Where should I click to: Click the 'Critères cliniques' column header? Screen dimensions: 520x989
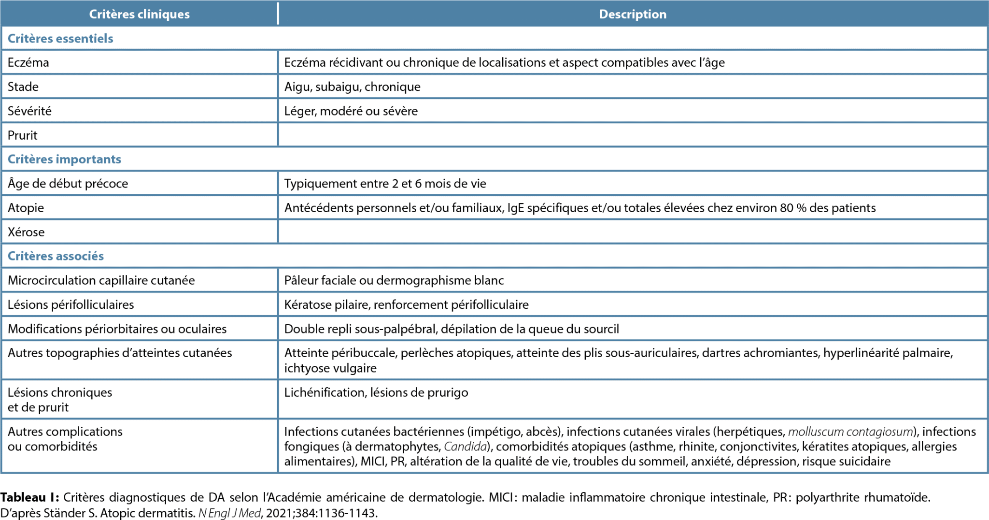(x=139, y=14)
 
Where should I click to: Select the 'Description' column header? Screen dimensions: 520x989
(x=633, y=14)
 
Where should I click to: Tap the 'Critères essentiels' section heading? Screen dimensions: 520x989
(x=60, y=39)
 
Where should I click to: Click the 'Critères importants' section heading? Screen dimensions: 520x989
(x=64, y=159)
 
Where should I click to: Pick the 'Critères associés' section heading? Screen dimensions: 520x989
(x=56, y=256)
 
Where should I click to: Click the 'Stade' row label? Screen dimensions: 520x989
(x=23, y=87)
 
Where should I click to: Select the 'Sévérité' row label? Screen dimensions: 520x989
(x=29, y=111)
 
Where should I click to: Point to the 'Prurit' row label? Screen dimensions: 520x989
(x=22, y=135)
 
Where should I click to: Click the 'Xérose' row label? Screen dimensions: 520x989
(x=26, y=232)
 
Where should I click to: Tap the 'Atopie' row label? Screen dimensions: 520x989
(x=26, y=208)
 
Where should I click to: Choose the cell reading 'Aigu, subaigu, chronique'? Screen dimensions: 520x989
(x=352, y=87)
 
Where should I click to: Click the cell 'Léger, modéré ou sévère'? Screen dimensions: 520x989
(x=351, y=111)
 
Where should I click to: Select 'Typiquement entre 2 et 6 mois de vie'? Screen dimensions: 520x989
(x=385, y=184)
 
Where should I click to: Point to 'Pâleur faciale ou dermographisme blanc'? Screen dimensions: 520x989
(x=394, y=280)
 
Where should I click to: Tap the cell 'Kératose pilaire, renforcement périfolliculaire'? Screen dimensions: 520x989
(x=406, y=304)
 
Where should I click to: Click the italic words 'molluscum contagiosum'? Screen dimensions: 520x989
(x=850, y=432)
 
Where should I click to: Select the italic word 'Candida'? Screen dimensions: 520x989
(x=465, y=447)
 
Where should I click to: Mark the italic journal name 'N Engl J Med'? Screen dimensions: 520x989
(x=229, y=513)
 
